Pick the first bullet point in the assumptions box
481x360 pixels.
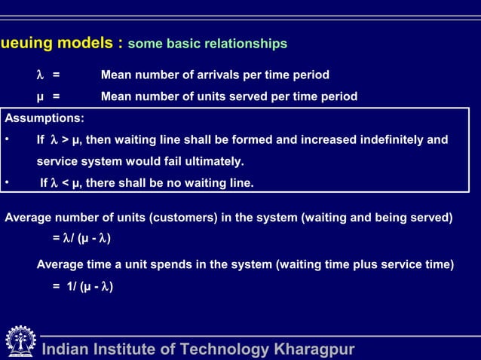pos(7,140)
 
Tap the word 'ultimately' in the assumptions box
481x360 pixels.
pos(214,162)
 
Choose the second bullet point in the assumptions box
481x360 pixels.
pos(7,183)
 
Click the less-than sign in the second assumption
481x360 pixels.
pos(64,183)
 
